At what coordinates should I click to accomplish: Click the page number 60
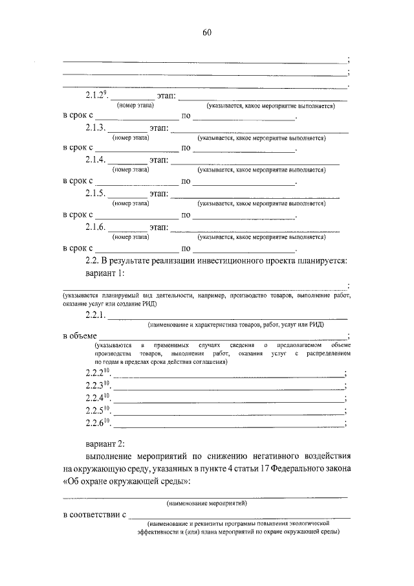tap(207, 33)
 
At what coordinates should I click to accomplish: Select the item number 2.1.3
tap(94, 128)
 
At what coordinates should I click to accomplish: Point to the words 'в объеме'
tap(79, 335)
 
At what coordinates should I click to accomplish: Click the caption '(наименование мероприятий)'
tap(206, 502)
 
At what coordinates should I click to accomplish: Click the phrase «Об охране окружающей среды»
tap(127, 482)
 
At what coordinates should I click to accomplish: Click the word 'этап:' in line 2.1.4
tap(159, 160)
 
